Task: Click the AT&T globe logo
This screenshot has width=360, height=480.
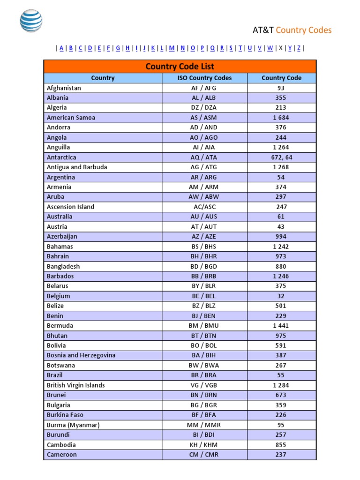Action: pyautogui.click(x=31, y=21)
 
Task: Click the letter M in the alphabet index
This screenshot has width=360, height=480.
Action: pyautogui.click(x=172, y=48)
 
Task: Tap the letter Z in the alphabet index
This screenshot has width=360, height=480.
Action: pyautogui.click(x=299, y=48)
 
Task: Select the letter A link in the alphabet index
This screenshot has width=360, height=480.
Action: pyautogui.click(x=61, y=48)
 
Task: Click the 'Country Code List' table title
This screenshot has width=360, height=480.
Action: pyautogui.click(x=180, y=67)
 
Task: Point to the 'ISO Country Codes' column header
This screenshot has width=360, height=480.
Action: pyautogui.click(x=204, y=78)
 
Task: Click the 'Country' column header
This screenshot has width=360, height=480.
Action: pyautogui.click(x=103, y=78)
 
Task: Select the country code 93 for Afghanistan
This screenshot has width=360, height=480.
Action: pyautogui.click(x=281, y=88)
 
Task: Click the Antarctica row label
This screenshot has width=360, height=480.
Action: pyautogui.click(x=61, y=157)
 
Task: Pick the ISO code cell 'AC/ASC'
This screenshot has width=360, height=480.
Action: pyautogui.click(x=204, y=207)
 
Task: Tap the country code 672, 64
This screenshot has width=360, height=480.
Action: pyautogui.click(x=281, y=157)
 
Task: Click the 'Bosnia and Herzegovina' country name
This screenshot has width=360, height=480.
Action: pyautogui.click(x=81, y=355)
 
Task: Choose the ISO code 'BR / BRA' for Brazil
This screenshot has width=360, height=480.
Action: pyautogui.click(x=204, y=375)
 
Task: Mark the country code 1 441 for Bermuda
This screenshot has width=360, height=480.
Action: pyautogui.click(x=281, y=326)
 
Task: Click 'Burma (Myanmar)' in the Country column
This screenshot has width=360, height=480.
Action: pyautogui.click(x=73, y=425)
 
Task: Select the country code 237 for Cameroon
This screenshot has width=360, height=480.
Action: pyautogui.click(x=281, y=455)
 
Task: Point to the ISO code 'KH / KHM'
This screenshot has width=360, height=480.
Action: pyautogui.click(x=204, y=445)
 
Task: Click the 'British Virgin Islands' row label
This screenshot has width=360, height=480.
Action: pyautogui.click(x=76, y=385)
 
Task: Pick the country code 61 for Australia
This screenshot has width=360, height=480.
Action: pyautogui.click(x=281, y=217)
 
